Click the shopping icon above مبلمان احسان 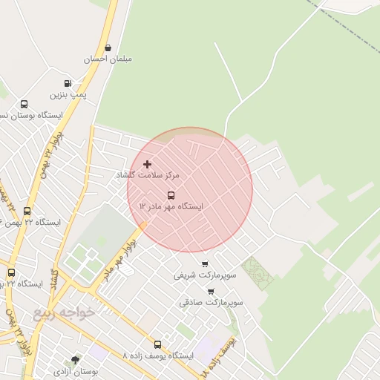(108, 47)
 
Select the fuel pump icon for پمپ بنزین (68, 83)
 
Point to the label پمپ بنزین (68, 94)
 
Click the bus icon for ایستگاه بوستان (24, 105)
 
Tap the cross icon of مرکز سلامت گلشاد (147, 163)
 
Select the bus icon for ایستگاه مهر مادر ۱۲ (171, 195)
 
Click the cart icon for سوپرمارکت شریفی (205, 263)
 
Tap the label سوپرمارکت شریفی (205, 275)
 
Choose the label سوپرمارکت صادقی (211, 303)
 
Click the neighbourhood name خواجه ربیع (65, 312)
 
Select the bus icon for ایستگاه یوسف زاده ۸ (157, 344)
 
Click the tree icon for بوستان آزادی (75, 359)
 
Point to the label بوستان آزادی (75, 370)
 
